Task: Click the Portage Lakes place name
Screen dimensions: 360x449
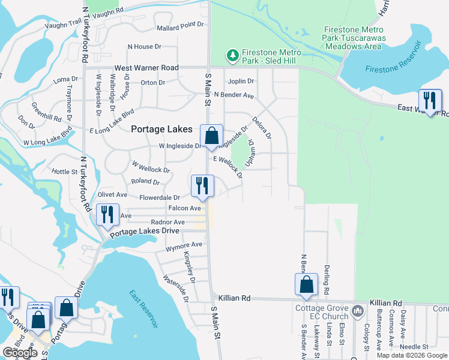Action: click(x=162, y=130)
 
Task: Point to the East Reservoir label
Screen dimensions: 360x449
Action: click(x=144, y=308)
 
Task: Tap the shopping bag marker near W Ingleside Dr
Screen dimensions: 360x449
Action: click(x=211, y=137)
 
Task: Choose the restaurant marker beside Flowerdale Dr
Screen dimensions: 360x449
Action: click(x=202, y=187)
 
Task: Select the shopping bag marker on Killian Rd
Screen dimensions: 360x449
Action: click(x=306, y=286)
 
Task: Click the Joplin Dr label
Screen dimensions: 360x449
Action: click(x=241, y=81)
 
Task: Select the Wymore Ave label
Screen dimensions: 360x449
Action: click(x=184, y=245)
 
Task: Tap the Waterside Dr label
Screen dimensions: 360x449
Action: click(x=176, y=288)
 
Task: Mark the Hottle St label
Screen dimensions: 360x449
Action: click(x=65, y=172)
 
